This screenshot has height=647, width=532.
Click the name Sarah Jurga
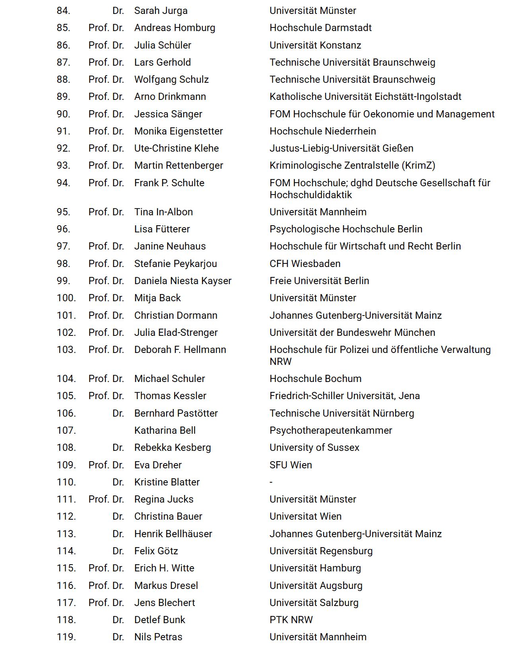[x=161, y=11]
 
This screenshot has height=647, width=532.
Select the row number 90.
[x=63, y=114]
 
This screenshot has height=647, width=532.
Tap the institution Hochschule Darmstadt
[x=320, y=28]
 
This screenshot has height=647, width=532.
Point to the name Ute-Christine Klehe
[x=177, y=148]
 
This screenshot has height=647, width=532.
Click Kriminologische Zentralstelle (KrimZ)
[x=352, y=166]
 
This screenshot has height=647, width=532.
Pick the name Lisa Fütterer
[x=162, y=229]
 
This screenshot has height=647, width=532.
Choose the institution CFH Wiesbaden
[x=305, y=264]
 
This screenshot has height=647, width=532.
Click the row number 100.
[x=66, y=298]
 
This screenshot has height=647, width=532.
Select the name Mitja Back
[x=157, y=298]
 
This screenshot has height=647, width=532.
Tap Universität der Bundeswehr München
[x=352, y=333]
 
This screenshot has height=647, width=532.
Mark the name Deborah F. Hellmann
[x=180, y=350]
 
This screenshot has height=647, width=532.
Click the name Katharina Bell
[x=165, y=431]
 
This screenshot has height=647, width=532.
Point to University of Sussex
[x=314, y=448]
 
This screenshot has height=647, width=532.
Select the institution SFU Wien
[x=291, y=465]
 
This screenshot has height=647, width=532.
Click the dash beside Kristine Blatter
[x=271, y=482]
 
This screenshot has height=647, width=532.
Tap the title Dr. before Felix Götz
[x=118, y=551]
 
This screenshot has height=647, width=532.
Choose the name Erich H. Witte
[x=164, y=568]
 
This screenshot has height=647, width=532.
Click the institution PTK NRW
[x=291, y=620]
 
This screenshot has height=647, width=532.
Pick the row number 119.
[x=66, y=637]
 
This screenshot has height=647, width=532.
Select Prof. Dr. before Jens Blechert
[x=106, y=603]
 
